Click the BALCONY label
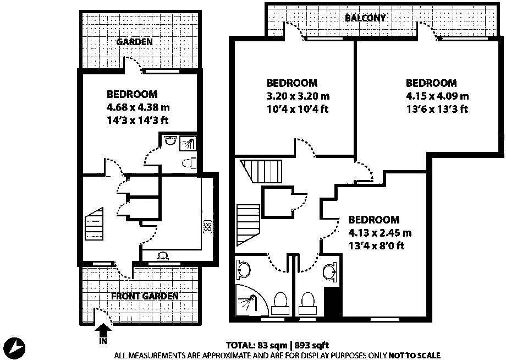click(365, 18)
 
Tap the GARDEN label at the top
click(134, 42)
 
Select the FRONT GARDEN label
click(145, 296)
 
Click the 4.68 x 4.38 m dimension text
click(138, 107)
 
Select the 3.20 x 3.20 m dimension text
click(298, 96)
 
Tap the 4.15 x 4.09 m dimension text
click(437, 96)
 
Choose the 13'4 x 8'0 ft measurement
click(376, 246)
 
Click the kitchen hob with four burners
click(207, 226)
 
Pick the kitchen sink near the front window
click(163, 256)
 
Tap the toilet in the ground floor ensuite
click(189, 163)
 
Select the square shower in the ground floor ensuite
click(188, 143)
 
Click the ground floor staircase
click(94, 224)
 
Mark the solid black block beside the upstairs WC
click(332, 303)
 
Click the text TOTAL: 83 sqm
click(256, 345)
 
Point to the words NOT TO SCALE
click(414, 356)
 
